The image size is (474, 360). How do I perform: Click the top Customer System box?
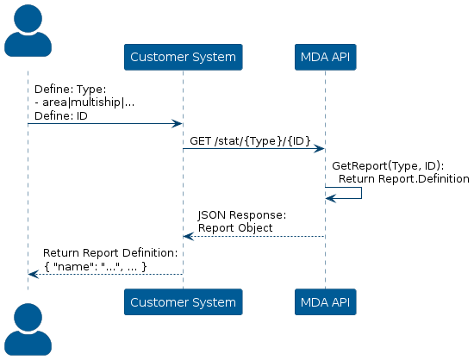tap(184, 57)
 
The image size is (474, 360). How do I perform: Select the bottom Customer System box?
tap(184, 302)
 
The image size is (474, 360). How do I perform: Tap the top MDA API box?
tap(326, 57)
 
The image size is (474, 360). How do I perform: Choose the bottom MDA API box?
tap(326, 302)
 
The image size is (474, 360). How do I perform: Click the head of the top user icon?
tap(28, 18)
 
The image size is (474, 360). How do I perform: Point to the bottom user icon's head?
tap(28, 317)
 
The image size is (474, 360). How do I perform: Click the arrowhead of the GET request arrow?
tap(319, 149)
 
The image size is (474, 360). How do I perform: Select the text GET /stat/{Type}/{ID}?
tap(250, 141)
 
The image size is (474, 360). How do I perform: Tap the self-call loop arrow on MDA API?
tap(361, 193)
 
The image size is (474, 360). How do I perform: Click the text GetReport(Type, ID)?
tap(388, 166)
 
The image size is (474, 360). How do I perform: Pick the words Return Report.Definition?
tap(404, 179)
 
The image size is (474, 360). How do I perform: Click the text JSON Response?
tap(242, 215)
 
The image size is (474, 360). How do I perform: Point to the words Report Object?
tap(235, 228)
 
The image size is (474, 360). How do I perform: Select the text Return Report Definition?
tap(110, 253)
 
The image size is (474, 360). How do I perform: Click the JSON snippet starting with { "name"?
tap(96, 266)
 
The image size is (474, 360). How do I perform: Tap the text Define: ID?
tap(61, 116)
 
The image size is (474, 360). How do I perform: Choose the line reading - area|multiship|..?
tap(84, 102)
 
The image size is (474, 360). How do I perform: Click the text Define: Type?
tap(71, 90)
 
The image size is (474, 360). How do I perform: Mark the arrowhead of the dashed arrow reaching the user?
tap(34, 274)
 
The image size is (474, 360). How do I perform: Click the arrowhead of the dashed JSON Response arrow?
tap(189, 237)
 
